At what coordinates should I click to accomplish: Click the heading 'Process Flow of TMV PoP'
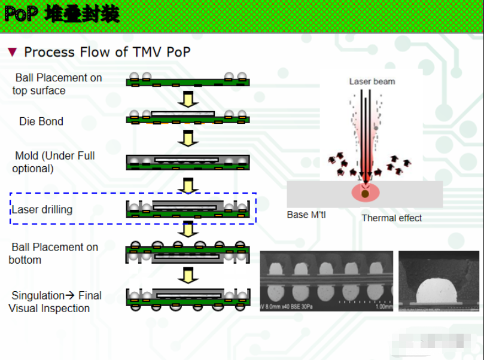107,52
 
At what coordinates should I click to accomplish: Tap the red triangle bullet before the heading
12,52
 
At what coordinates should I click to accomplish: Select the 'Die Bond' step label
41,121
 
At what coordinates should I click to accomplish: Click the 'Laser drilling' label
42,209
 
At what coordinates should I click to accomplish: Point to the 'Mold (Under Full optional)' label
53,162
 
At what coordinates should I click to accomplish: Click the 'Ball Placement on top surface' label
57,84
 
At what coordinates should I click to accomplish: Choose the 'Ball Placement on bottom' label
53,254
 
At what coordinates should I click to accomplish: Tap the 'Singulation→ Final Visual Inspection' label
56,302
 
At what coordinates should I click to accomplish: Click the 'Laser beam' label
372,81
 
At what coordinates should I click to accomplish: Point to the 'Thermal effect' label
391,218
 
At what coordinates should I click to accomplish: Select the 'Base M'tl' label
306,215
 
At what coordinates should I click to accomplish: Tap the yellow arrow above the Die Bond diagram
188,99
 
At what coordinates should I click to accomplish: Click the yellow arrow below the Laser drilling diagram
188,228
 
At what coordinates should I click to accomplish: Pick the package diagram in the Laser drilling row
188,209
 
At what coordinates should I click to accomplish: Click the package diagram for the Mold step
188,162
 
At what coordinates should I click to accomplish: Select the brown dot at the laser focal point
365,194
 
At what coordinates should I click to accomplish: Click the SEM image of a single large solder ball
439,281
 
